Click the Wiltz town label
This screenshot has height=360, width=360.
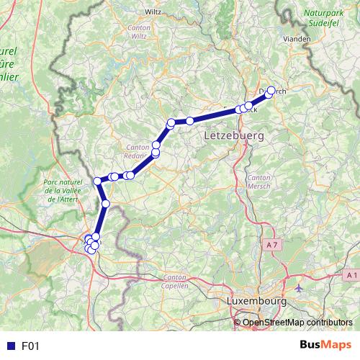click(153, 12)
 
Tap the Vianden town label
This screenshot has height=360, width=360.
click(296, 39)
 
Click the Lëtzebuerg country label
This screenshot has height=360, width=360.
click(234, 135)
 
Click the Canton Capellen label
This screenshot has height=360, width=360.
click(176, 282)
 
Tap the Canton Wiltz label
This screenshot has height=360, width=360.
click(138, 32)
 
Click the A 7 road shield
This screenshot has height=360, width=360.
click(271, 246)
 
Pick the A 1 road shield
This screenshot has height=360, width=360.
click(351, 275)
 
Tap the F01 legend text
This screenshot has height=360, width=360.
click(30, 346)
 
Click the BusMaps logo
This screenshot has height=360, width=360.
click(325, 346)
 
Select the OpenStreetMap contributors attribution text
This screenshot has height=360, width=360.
click(297, 322)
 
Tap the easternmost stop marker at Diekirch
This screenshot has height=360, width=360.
click(271, 91)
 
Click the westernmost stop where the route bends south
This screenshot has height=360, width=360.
click(98, 181)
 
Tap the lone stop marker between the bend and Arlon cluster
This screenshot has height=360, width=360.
click(106, 204)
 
